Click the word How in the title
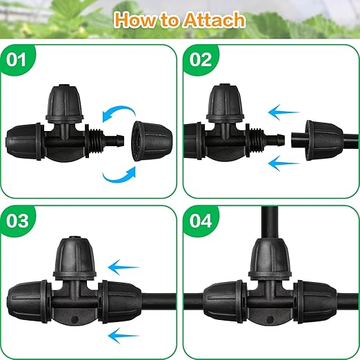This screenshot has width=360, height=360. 134,19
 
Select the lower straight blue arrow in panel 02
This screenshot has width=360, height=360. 286,163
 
